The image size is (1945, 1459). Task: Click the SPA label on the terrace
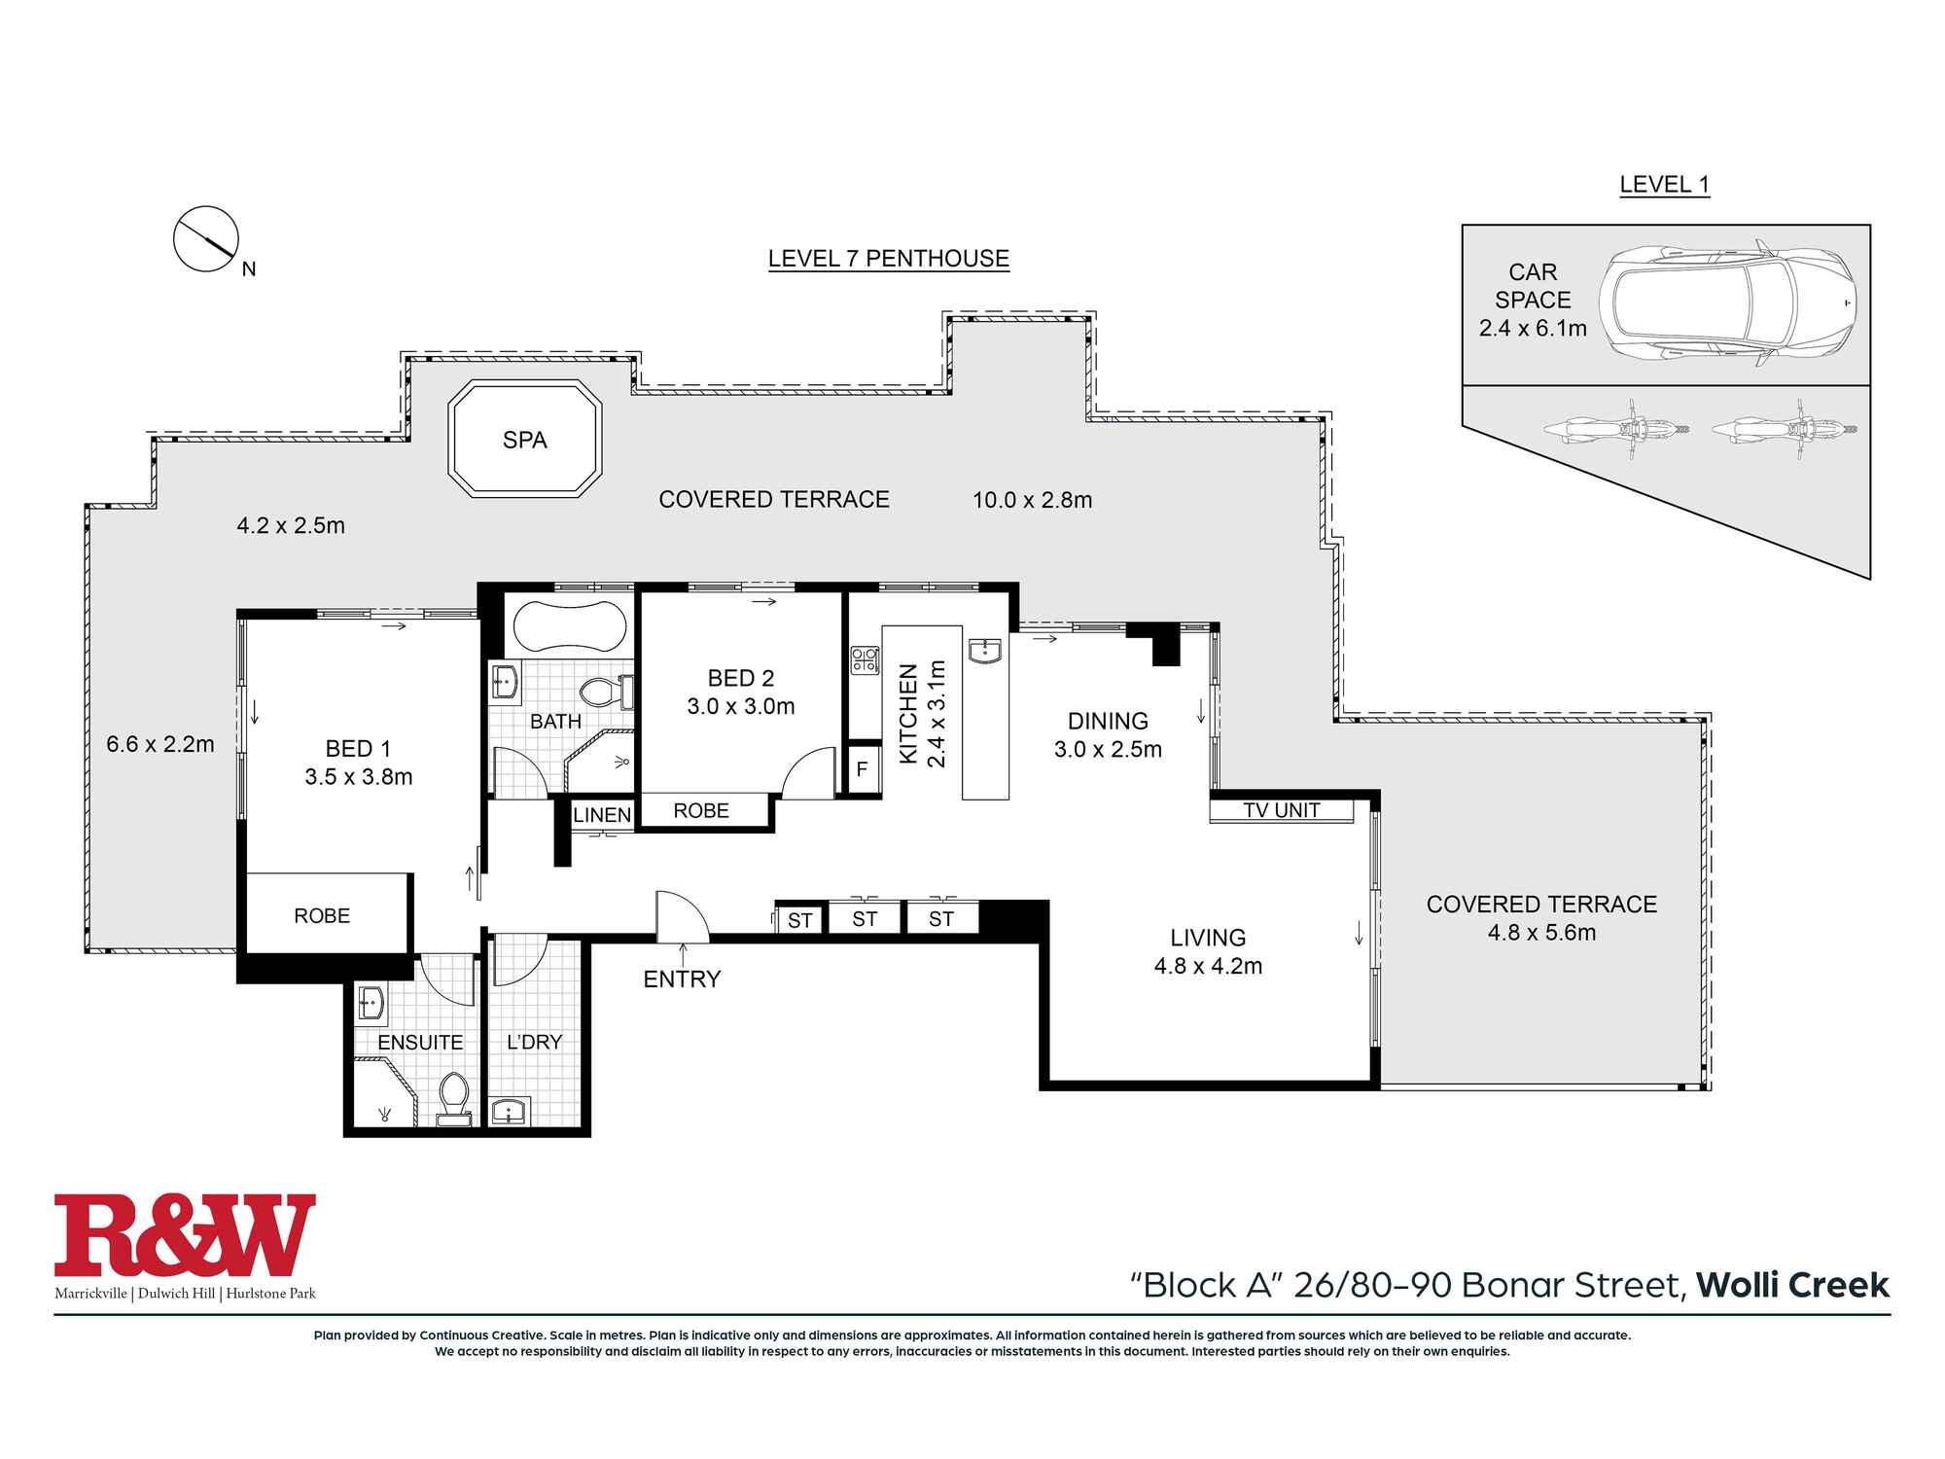tap(524, 441)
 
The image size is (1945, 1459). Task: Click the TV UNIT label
tap(1281, 810)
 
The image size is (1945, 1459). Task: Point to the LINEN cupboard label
tap(602, 815)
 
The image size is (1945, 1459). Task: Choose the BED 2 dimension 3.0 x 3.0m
tap(741, 707)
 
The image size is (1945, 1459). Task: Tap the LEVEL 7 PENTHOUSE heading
tap(888, 259)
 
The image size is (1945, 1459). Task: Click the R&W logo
tap(185, 1235)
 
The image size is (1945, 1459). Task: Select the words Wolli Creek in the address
tap(1792, 1285)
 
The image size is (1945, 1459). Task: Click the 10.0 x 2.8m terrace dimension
tap(1032, 500)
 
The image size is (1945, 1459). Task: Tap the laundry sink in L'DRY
tap(509, 1110)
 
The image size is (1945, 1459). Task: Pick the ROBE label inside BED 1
tap(322, 916)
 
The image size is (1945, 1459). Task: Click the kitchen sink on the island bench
tap(986, 651)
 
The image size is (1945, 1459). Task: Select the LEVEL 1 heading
tap(1664, 185)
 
